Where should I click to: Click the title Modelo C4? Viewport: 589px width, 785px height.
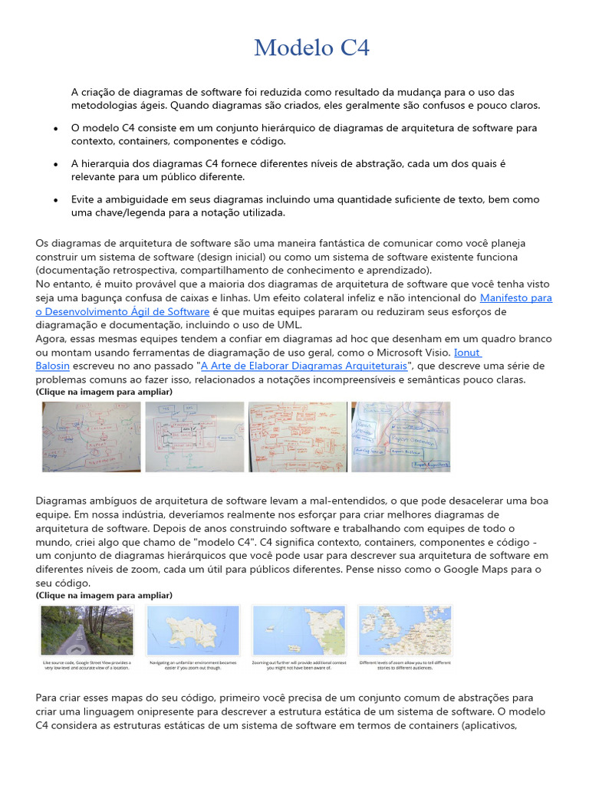[x=311, y=48]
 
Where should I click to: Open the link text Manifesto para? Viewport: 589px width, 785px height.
[x=515, y=297]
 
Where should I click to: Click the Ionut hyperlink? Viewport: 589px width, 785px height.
[x=467, y=352]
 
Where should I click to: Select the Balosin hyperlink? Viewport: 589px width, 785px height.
[x=52, y=366]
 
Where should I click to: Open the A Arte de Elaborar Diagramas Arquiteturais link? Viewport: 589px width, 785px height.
[x=304, y=366]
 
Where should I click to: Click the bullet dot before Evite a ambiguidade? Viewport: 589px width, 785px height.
[x=57, y=199]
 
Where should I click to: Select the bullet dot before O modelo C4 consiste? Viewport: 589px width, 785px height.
[x=57, y=128]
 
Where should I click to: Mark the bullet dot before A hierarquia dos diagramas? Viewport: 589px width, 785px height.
[x=57, y=164]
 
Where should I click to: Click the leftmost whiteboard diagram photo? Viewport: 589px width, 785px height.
[x=91, y=436]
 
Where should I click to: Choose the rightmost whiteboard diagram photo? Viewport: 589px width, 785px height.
[x=400, y=436]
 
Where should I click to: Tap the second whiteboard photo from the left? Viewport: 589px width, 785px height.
[x=195, y=436]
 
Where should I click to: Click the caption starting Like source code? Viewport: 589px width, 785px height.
[x=87, y=665]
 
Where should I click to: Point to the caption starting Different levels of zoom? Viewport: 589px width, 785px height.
[x=405, y=665]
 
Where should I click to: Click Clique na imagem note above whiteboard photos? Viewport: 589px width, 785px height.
[x=104, y=392]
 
